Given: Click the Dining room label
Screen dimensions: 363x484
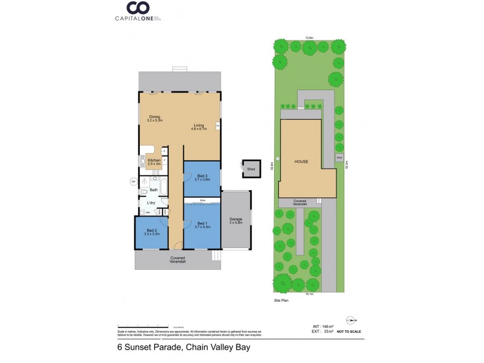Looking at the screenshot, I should (x=155, y=119).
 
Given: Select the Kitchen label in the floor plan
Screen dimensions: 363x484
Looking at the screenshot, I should (x=154, y=162).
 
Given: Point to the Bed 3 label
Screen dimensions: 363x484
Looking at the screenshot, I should (x=203, y=177).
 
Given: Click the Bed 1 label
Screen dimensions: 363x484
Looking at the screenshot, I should (x=203, y=225).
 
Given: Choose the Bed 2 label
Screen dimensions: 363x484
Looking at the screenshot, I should (x=152, y=232).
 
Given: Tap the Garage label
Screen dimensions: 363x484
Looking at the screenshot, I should (x=235, y=220).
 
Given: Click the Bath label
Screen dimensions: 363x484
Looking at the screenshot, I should (x=154, y=190).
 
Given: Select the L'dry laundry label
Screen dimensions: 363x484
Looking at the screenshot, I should (x=151, y=203).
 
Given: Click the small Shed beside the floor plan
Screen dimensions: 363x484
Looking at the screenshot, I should (x=250, y=169).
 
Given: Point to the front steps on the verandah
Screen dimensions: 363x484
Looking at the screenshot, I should (x=215, y=256).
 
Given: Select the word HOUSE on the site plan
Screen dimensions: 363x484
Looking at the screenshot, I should (x=302, y=162).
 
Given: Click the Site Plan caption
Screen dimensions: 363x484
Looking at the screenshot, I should (x=281, y=300).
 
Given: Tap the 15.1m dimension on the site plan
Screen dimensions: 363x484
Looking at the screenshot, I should (x=309, y=294).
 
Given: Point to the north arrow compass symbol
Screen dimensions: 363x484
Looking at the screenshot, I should (x=351, y=320).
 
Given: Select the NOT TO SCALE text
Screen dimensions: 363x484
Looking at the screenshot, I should (x=349, y=332).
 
